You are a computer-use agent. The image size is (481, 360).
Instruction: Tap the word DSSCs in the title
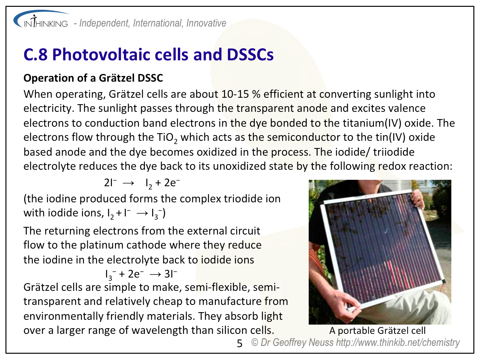coord(250,55)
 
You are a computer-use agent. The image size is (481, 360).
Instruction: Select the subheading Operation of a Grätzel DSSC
coord(93,78)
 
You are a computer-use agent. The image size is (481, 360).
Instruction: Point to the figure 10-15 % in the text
coord(241,94)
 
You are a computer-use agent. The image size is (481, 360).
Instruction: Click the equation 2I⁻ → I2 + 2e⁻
coord(142,183)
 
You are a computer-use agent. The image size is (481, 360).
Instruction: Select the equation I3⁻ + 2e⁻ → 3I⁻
coord(141,274)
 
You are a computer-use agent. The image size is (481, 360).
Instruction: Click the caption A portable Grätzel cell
coord(377,331)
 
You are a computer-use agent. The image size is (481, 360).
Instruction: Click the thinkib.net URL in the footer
coord(398,343)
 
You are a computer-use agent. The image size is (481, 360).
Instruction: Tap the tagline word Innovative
coord(206,23)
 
